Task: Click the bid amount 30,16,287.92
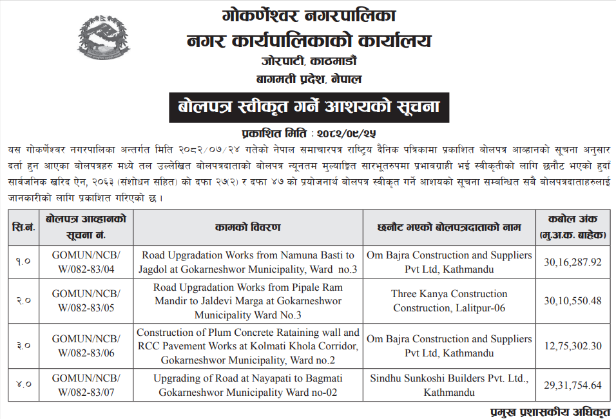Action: tap(572, 262)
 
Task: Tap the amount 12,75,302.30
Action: tap(572, 346)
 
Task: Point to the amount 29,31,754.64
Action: tap(572, 385)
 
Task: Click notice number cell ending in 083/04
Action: tap(86, 262)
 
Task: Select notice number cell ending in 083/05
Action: tap(86, 301)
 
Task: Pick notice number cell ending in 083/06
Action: tap(86, 346)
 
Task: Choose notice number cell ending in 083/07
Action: tap(86, 385)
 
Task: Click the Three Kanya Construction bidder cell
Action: tap(449, 301)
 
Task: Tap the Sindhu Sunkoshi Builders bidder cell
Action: tap(449, 385)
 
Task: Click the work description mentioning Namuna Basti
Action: tap(248, 262)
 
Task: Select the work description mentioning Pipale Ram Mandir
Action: tap(248, 301)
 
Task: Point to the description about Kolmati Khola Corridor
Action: tap(248, 346)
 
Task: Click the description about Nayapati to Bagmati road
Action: tap(248, 385)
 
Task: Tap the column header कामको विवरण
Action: tap(248, 228)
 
